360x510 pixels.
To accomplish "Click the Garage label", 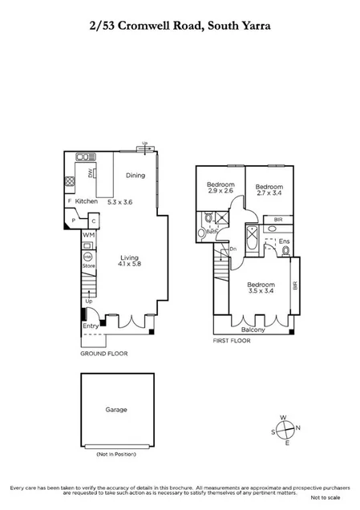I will pos(116,409).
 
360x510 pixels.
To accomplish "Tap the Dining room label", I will pos(136,175).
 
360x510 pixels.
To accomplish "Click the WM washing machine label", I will pos(88,235).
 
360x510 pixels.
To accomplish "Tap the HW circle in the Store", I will pos(88,248).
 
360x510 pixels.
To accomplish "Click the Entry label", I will pos(90,326).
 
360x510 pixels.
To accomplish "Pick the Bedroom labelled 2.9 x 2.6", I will pos(219,188).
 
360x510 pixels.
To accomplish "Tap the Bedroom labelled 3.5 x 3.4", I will pos(260,289).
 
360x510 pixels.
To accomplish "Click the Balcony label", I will pos(253,329).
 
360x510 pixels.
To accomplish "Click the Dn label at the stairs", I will pos(233,248).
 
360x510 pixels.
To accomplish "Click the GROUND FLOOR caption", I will pos(103,354).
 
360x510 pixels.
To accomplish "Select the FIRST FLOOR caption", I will pos(233,341).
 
